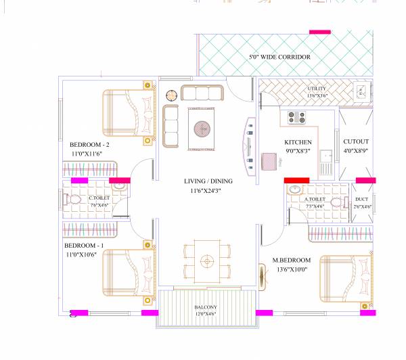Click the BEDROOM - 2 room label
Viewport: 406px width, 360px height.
(x=89, y=145)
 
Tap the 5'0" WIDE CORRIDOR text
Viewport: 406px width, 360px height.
(x=279, y=58)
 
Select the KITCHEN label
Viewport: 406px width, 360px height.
(x=298, y=142)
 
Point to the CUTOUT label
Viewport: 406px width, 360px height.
(x=356, y=142)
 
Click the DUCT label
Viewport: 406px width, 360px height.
(x=361, y=198)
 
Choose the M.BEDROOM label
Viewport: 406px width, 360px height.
(x=292, y=260)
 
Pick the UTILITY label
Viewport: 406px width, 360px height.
(x=317, y=89)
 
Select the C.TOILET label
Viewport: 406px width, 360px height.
(x=99, y=198)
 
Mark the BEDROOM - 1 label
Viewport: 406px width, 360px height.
(x=85, y=245)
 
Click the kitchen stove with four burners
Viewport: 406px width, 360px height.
(x=296, y=117)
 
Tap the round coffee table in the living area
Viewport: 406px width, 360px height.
(x=202, y=127)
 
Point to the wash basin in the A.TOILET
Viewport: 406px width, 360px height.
(x=295, y=190)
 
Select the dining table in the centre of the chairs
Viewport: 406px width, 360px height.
(x=206, y=260)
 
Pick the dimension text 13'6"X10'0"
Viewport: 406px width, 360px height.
(x=292, y=269)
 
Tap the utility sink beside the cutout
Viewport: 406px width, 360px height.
(x=363, y=92)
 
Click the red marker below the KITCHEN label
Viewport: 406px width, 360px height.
(x=296, y=180)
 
